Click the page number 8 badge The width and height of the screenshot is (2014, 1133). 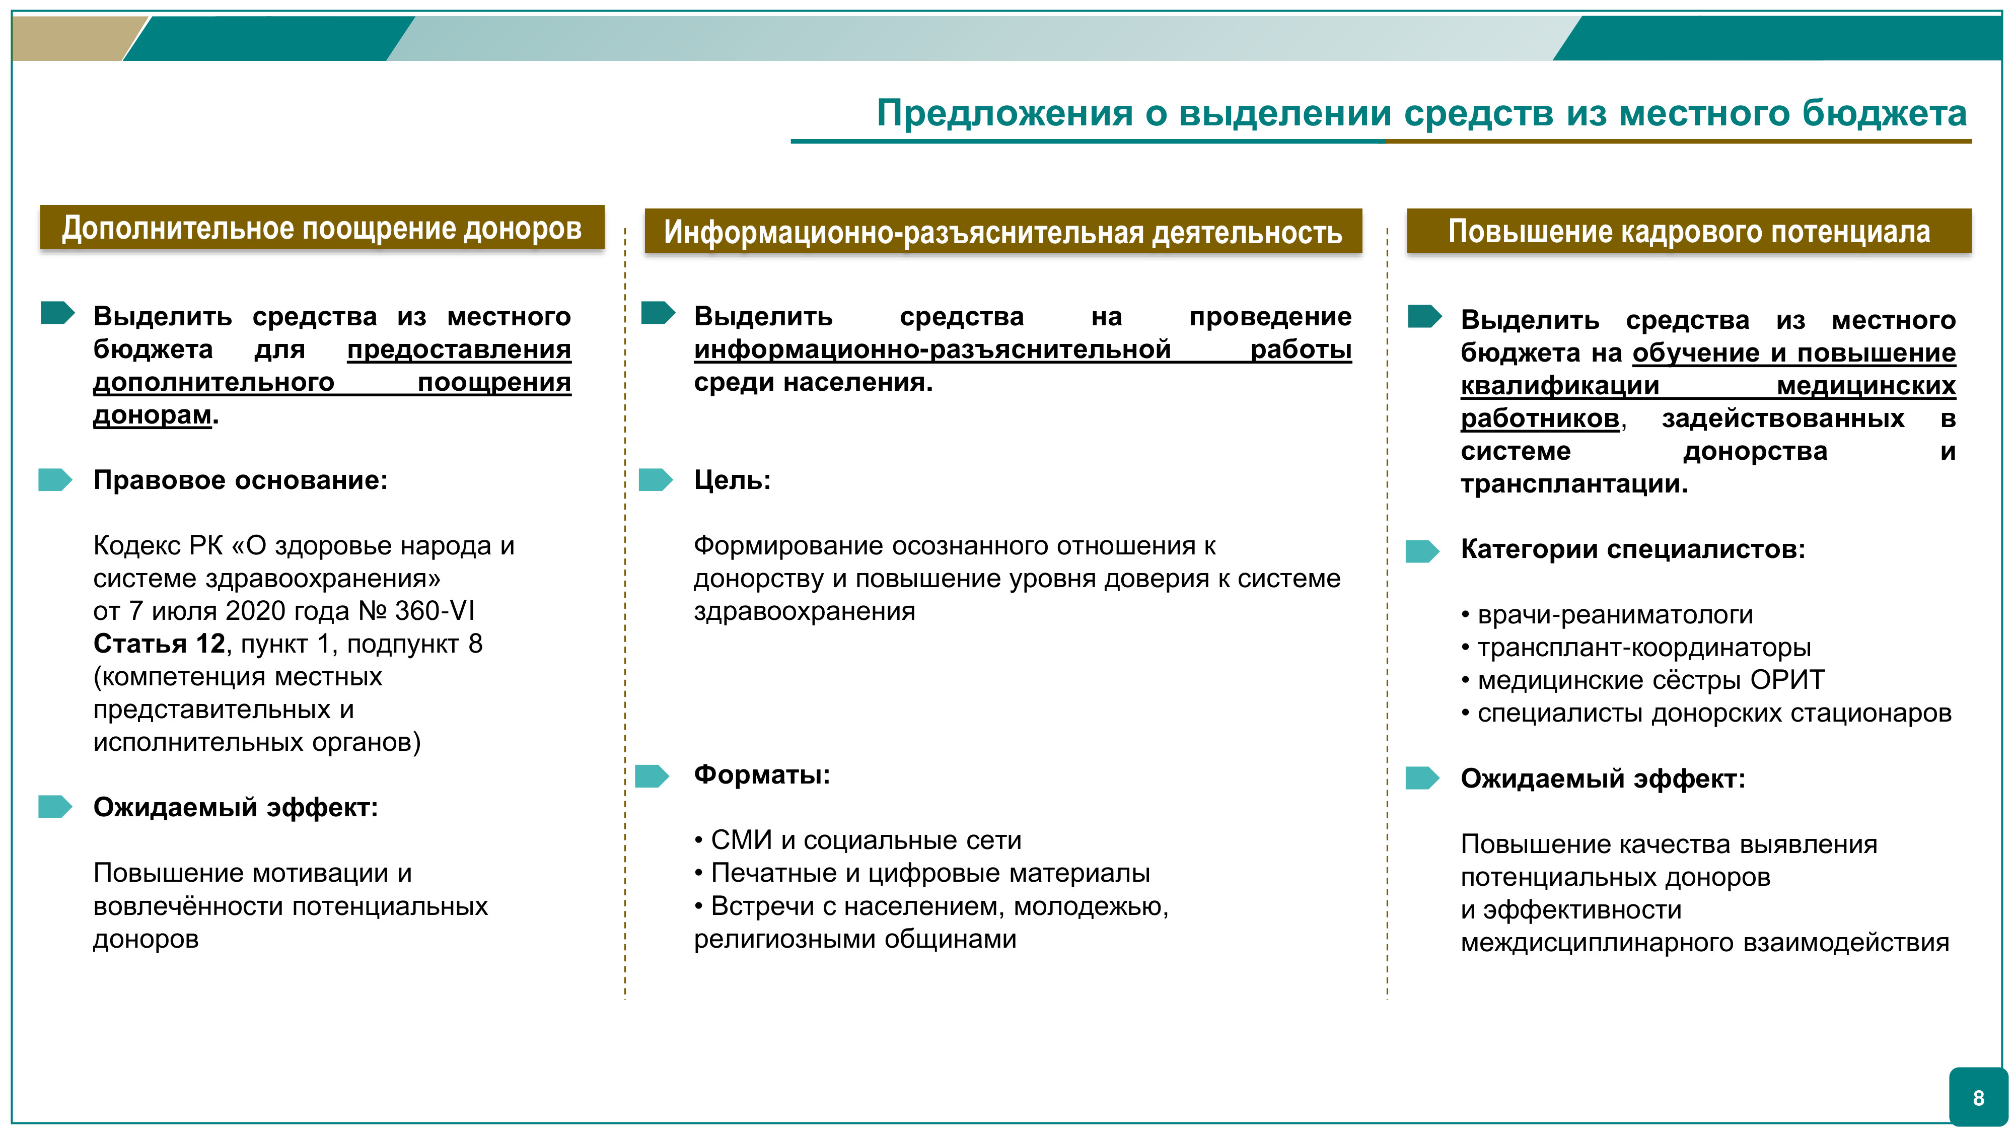coord(1978,1098)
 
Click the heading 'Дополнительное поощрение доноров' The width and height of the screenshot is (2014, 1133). coord(322,228)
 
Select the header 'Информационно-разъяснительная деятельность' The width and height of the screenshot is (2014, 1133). coord(1003,232)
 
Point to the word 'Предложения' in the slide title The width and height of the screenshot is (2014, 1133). coord(1004,113)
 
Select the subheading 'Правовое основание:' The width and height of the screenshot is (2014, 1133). coord(240,480)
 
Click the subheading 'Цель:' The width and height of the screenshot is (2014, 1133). coord(732,480)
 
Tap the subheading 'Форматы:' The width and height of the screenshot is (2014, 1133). coord(761,775)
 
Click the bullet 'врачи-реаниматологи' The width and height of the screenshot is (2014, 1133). coord(1615,614)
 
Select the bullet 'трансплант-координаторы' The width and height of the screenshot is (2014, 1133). coord(1644,648)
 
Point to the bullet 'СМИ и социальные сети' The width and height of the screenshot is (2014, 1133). coord(866,840)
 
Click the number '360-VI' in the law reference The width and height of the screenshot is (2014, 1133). coord(435,611)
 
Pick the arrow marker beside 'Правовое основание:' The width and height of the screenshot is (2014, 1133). coord(55,480)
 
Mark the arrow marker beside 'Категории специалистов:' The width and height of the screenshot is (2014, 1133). coord(1422,551)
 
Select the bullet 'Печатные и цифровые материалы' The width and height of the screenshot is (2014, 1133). coord(930,873)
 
